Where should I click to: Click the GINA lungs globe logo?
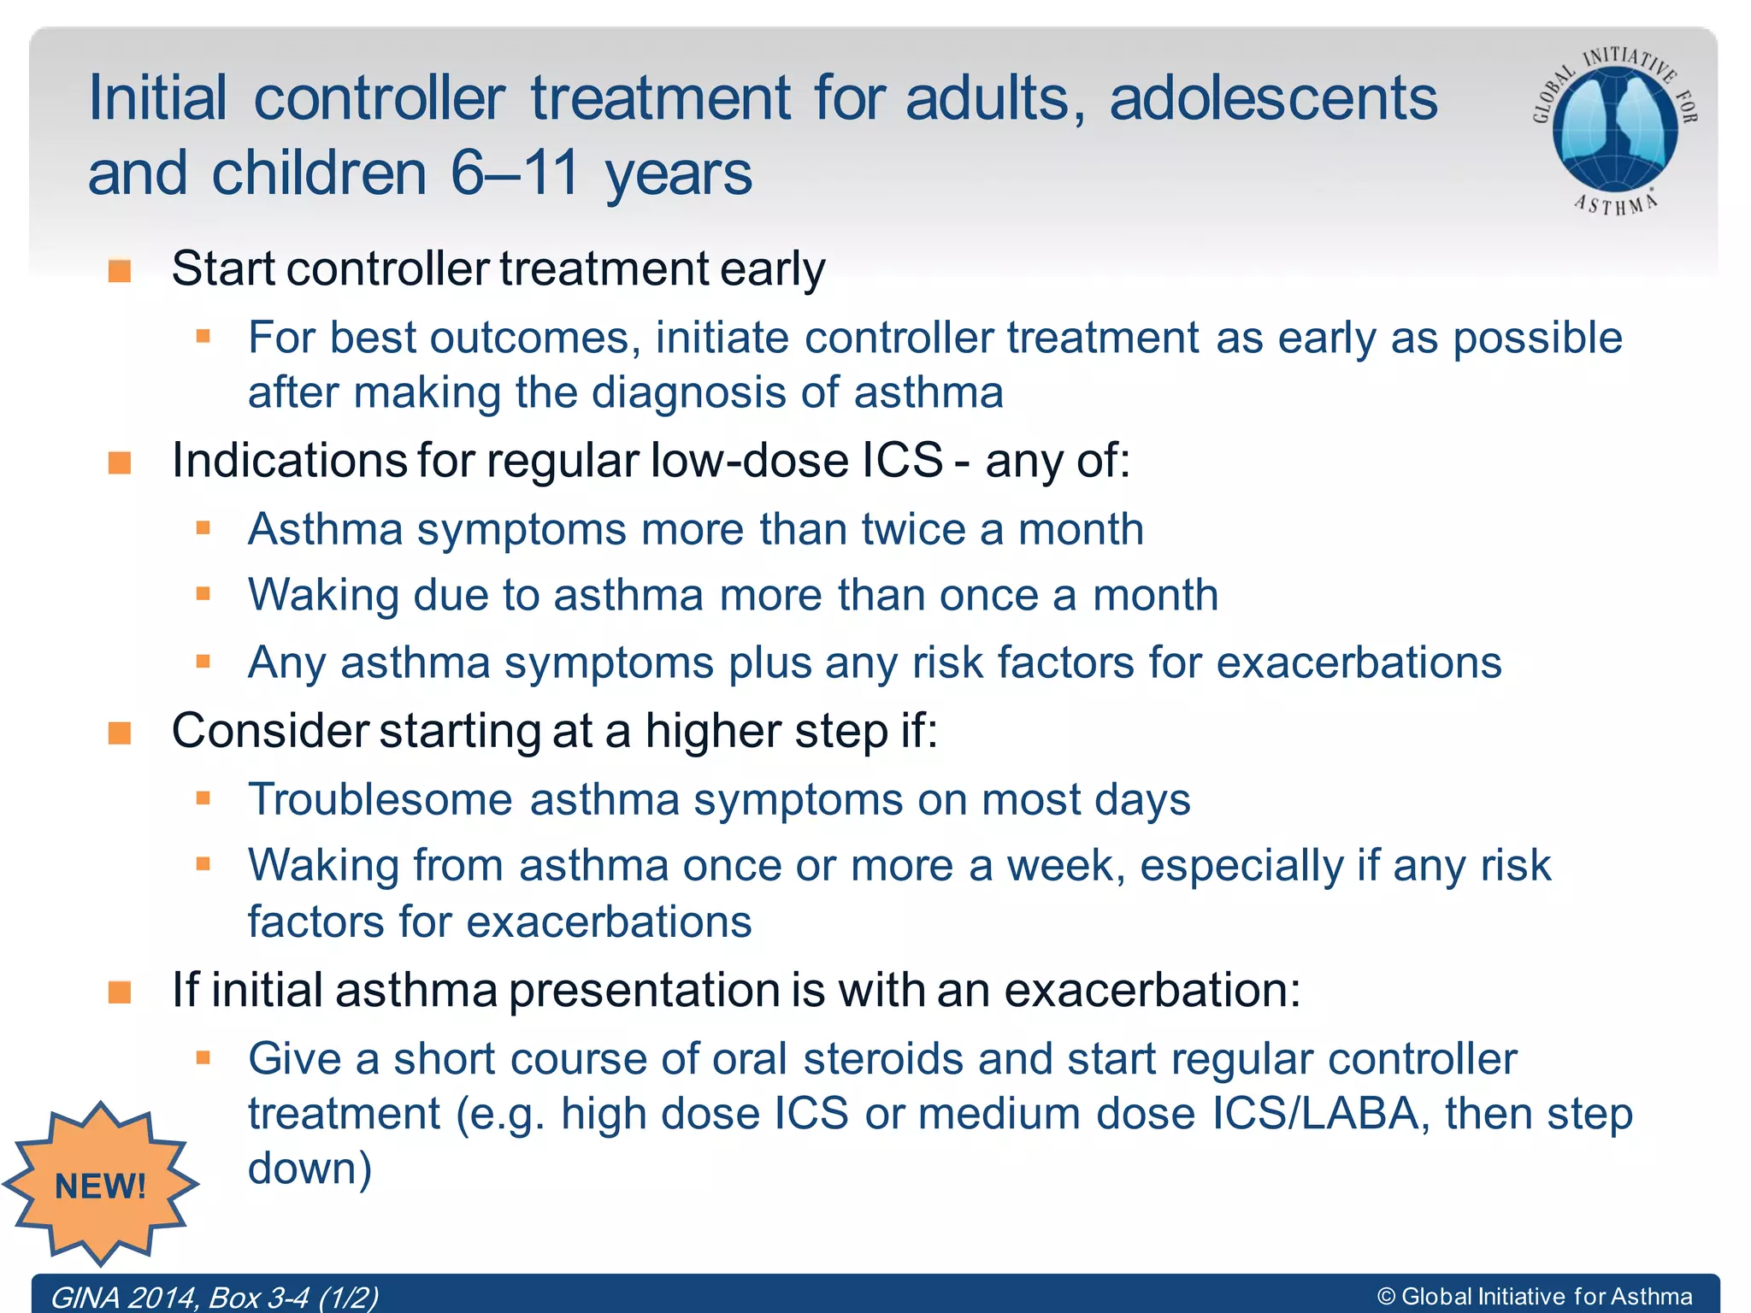[1614, 128]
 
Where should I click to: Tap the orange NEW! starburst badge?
[100, 1185]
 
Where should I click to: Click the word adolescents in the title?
[1273, 98]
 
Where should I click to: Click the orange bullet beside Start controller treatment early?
[120, 271]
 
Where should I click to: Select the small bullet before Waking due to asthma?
[203, 593]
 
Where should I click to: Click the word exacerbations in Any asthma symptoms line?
[1359, 662]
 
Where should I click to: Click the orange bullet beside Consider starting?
[120, 733]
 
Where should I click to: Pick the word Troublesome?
[380, 800]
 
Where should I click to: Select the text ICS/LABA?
[1316, 1114]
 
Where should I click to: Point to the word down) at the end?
[310, 1169]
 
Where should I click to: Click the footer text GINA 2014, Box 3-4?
[214, 1297]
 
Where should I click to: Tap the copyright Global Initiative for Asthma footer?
[1535, 1297]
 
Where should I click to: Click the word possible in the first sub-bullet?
[1537, 338]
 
